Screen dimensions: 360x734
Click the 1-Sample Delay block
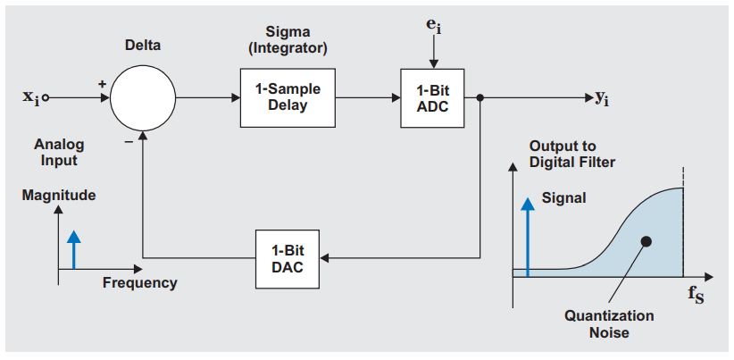[287, 97]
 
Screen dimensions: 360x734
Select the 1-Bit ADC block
[431, 98]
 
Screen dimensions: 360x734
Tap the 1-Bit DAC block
[287, 259]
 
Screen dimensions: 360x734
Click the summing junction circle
[142, 98]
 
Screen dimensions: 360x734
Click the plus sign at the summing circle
[102, 84]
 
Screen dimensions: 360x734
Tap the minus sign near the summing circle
[129, 142]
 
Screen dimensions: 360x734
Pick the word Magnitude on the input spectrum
[59, 195]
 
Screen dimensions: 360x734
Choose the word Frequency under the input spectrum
[139, 283]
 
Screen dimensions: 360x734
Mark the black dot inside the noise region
[645, 241]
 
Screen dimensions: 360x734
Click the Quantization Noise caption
[609, 324]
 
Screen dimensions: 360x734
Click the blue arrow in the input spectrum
[74, 247]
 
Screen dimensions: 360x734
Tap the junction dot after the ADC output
[481, 98]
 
